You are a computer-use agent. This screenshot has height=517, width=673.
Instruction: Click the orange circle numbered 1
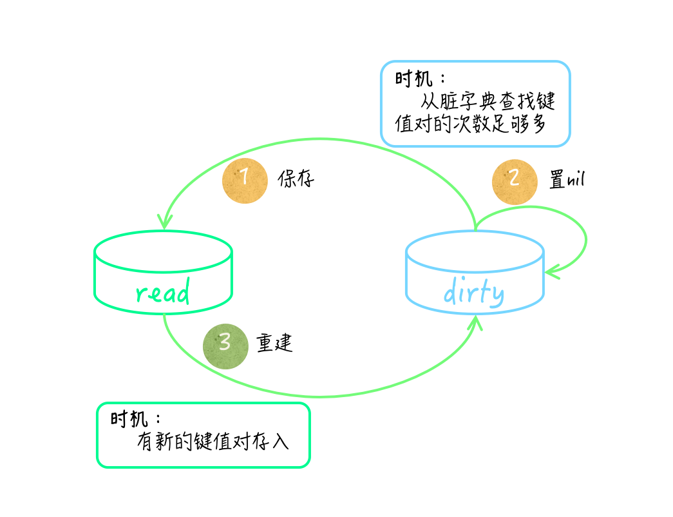click(x=245, y=181)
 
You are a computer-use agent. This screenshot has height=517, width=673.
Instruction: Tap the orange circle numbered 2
click(x=515, y=182)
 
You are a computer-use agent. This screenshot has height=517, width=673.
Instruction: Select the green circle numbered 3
click(x=225, y=346)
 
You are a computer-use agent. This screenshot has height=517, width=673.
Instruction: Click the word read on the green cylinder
click(x=163, y=293)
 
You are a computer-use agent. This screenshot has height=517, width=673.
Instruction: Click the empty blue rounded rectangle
click(x=475, y=104)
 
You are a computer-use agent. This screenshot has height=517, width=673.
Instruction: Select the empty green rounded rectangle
click(x=203, y=435)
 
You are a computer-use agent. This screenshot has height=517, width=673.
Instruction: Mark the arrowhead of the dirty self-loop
click(x=551, y=273)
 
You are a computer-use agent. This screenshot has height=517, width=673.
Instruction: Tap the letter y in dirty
click(x=497, y=295)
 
